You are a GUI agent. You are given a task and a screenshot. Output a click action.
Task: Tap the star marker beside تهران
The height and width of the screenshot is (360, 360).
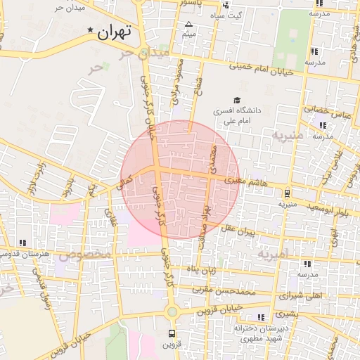pos(89,30)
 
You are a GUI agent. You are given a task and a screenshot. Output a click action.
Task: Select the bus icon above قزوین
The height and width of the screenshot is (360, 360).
pos(172,333)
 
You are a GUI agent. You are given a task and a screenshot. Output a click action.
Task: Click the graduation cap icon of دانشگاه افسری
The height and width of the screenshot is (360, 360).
pos(237,101)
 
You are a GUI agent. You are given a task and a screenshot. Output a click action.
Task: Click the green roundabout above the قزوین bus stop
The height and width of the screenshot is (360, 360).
pos(172,311)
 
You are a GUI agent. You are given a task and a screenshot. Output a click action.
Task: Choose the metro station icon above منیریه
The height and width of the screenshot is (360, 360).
pos(288,192)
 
